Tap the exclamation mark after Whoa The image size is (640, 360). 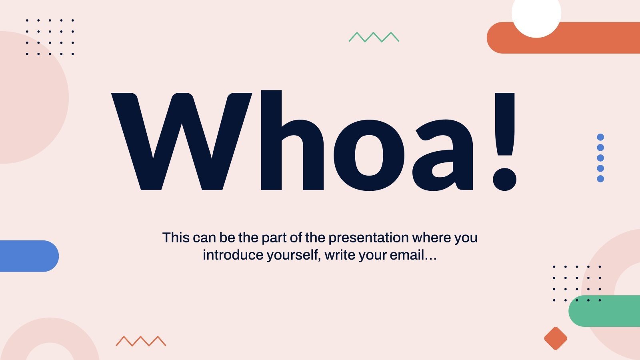coord(504,140)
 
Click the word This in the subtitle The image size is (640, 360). coord(176,238)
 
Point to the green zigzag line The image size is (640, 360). coord(374,37)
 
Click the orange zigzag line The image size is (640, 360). coord(141,341)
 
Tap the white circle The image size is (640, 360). coord(536,14)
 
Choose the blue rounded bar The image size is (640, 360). coord(28,256)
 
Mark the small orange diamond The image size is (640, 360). coord(556,338)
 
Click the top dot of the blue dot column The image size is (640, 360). coord(600,137)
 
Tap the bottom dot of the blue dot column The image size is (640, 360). coord(600,179)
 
